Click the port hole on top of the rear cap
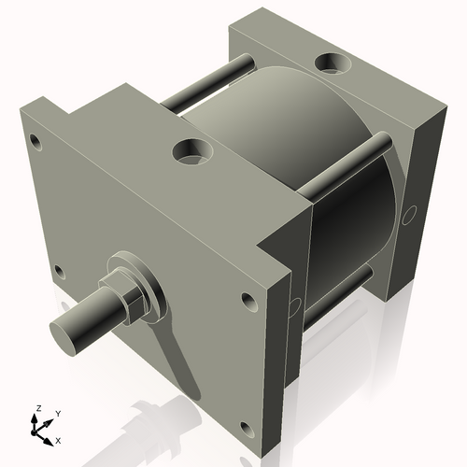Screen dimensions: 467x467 (332, 64)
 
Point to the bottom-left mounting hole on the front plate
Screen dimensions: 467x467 (59, 272)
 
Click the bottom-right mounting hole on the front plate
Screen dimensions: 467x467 (246, 429)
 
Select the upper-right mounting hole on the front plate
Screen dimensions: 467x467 (248, 303)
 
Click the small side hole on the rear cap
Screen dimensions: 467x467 (406, 214)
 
